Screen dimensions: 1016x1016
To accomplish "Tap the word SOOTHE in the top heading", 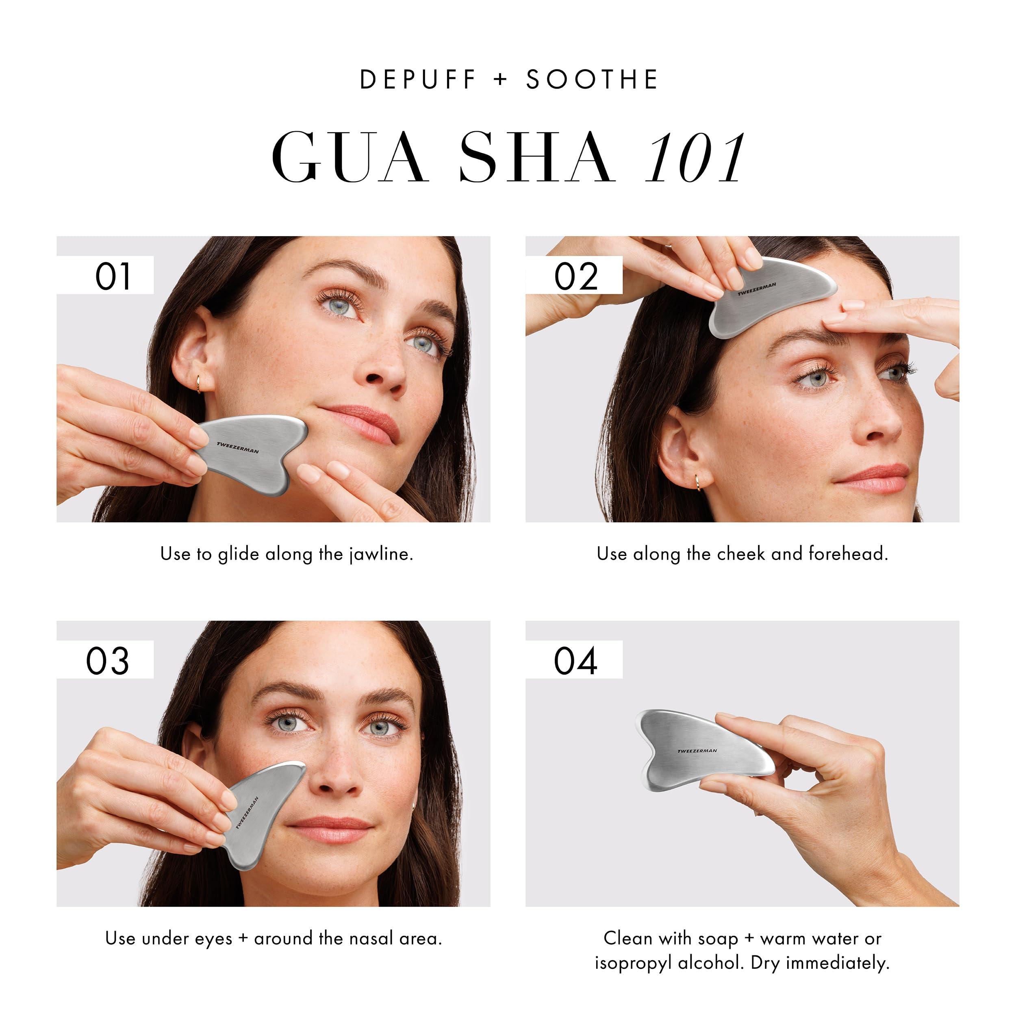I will click(x=592, y=80).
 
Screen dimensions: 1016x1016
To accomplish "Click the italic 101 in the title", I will click(x=695, y=158).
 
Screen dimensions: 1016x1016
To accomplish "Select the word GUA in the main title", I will click(x=349, y=158).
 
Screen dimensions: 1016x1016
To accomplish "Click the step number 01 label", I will click(x=113, y=277).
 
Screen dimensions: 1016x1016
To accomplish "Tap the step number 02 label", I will click(x=576, y=277).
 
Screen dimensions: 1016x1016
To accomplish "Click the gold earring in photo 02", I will click(x=697, y=481).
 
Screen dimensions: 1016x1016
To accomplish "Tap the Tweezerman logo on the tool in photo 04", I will click(x=697, y=751).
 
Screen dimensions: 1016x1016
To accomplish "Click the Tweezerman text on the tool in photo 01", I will click(x=238, y=447).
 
